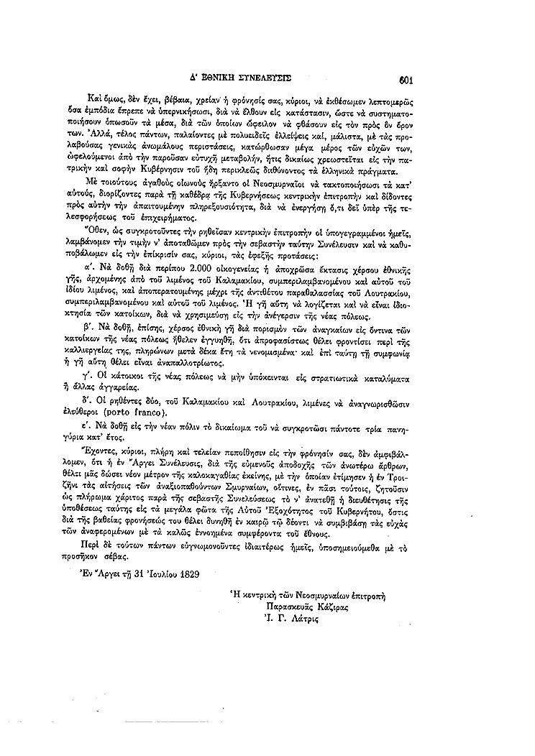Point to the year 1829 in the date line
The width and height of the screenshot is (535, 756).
(x=186, y=574)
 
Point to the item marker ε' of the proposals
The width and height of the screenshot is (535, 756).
(x=102, y=424)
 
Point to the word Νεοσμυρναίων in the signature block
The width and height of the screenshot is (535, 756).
(x=321, y=594)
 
